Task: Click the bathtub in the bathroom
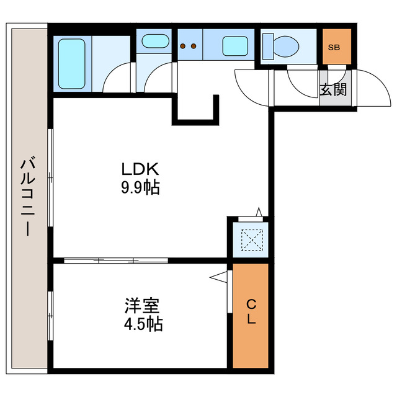(x=72, y=62)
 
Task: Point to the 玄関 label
(x=334, y=89)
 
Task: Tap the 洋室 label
(x=142, y=306)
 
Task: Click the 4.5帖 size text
(x=142, y=324)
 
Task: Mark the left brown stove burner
(x=183, y=45)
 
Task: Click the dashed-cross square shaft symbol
(x=251, y=239)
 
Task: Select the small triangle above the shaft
(x=259, y=212)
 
